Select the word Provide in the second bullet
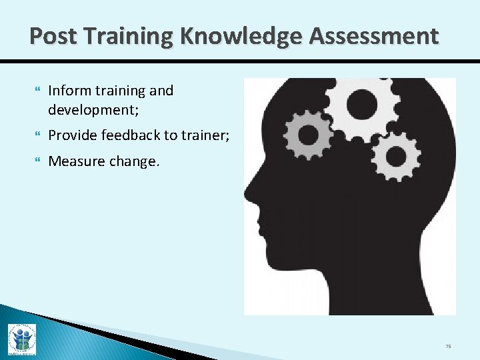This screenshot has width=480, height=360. point(72,135)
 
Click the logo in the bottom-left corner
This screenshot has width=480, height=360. point(21,339)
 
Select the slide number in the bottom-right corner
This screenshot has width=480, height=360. point(449,347)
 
